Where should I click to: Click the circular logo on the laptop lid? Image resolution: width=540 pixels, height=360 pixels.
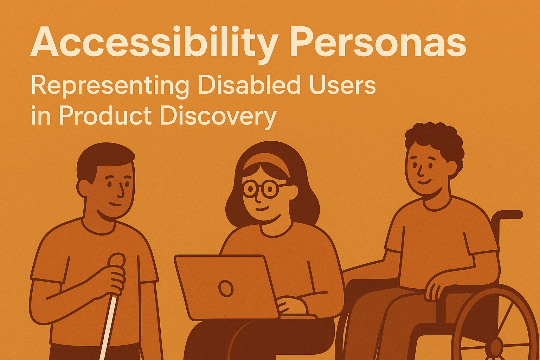click(x=226, y=288)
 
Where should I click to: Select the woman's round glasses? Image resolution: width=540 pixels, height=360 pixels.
click(x=261, y=189)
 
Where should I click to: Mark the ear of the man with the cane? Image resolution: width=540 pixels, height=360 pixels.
click(x=84, y=188)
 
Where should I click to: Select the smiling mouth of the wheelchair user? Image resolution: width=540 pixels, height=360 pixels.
click(x=424, y=182)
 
